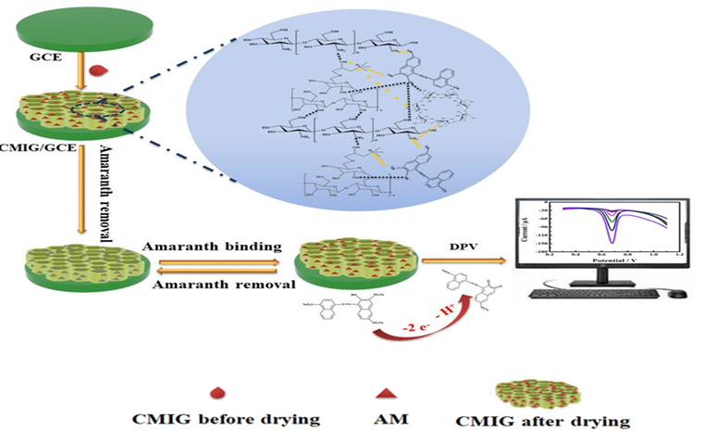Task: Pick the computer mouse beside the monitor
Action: tap(680, 295)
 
